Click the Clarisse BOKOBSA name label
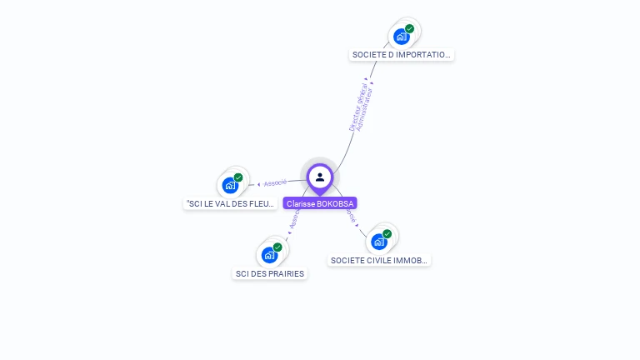click(x=320, y=203)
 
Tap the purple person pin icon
click(x=320, y=177)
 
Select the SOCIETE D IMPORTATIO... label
click(x=402, y=55)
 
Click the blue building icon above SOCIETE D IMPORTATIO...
click(x=402, y=37)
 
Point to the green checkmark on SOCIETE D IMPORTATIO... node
click(x=410, y=28)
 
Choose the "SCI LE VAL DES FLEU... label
click(x=229, y=203)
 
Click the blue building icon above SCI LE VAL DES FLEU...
click(x=230, y=186)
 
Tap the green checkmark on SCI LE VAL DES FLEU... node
click(x=238, y=177)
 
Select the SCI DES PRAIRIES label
click(x=270, y=273)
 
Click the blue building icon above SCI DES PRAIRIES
click(x=268, y=255)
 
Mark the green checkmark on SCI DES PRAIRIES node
click(x=277, y=247)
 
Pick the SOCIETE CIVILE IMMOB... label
click(x=379, y=260)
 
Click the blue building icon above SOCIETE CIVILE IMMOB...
click(x=378, y=242)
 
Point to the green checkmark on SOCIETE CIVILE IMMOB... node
click(x=387, y=233)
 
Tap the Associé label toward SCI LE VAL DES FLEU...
click(x=274, y=182)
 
